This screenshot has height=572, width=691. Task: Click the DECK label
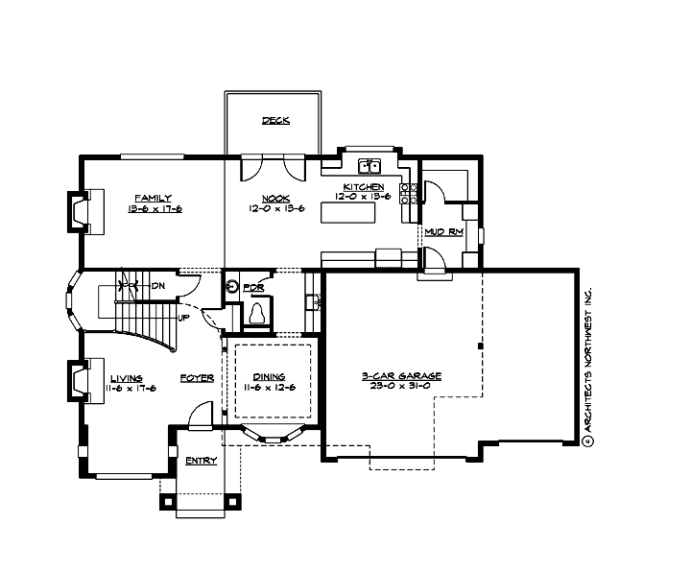[x=275, y=121]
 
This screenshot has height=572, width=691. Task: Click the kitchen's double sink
[x=369, y=164]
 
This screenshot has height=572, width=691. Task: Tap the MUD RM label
[x=444, y=232]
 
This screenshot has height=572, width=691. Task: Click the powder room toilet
[x=257, y=314]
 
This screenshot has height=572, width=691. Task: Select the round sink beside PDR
[x=231, y=287]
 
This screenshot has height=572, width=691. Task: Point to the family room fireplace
[x=81, y=211]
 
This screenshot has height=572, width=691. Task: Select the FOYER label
[x=197, y=378]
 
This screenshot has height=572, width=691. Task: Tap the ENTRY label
[x=201, y=461]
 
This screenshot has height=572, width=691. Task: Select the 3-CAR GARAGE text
[x=401, y=376]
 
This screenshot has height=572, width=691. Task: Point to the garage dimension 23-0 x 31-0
[x=401, y=388]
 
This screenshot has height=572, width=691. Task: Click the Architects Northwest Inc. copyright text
[x=588, y=365]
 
